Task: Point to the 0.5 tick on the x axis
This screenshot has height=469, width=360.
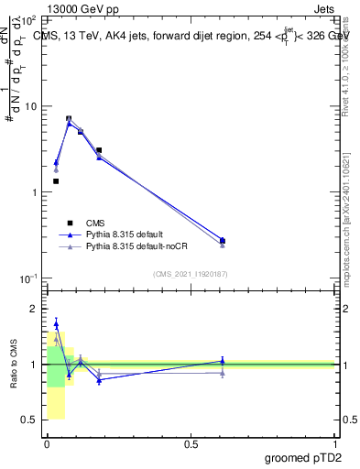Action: [x=191, y=443]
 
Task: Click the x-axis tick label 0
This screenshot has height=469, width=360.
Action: [x=47, y=443]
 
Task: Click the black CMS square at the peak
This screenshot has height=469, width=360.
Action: [x=69, y=118]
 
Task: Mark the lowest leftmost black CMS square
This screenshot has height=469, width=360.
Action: [x=56, y=181]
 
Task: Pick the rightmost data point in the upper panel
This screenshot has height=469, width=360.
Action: [x=223, y=241]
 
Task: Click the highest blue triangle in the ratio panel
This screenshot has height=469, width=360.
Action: [x=56, y=323]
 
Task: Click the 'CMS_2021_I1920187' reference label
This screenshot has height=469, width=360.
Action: [x=191, y=274]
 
